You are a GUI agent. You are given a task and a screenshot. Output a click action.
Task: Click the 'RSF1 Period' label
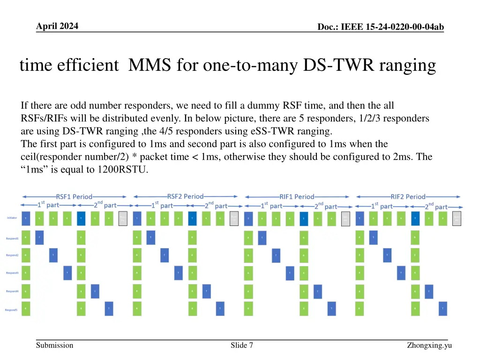coord(74,196)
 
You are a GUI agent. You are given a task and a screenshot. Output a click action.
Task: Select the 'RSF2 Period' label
coord(185,196)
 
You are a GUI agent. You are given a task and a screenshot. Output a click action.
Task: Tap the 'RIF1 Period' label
coord(297,197)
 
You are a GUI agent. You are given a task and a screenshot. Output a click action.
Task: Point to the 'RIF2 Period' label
coord(408,197)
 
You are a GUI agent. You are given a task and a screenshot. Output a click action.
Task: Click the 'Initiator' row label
coord(13,218)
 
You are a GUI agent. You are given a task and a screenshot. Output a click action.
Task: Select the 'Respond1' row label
coord(12,238)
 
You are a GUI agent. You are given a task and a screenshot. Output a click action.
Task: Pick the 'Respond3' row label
coord(12,273)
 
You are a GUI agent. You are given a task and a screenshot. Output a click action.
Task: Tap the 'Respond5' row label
coord(12,309)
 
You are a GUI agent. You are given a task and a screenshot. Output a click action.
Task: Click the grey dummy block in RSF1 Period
coord(123,218)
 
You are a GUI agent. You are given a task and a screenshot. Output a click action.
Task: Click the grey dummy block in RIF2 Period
coord(457,218)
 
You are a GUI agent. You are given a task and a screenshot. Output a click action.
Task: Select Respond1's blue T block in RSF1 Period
coord(39,238)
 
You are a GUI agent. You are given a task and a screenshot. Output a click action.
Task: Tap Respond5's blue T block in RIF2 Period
coord(443,308)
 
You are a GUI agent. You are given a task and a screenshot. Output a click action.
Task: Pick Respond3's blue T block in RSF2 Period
coord(179,273)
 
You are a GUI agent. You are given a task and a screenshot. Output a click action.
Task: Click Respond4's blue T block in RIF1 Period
coord(318,292)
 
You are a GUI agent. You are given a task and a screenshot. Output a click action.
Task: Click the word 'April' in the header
coord(47,26)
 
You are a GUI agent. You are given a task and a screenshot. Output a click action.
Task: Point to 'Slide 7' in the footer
coord(242,345)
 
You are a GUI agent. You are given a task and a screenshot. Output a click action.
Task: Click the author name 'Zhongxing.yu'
coord(429,345)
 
